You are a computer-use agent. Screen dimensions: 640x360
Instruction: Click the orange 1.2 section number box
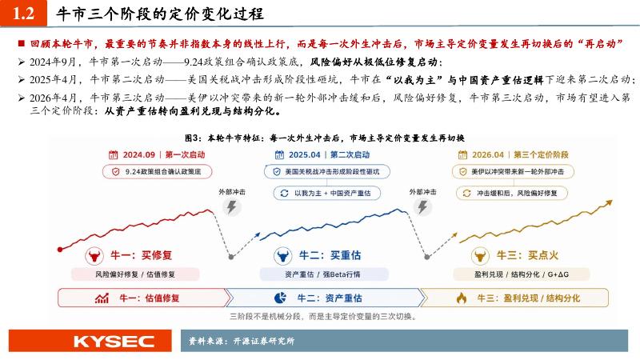pos(23,13)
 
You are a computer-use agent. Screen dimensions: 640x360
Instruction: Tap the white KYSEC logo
pos(114,342)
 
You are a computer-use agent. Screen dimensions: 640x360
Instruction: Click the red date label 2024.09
pos(138,154)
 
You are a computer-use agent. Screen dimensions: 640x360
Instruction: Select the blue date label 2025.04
pos(305,154)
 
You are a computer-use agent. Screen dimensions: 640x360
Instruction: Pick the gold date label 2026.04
pos(488,154)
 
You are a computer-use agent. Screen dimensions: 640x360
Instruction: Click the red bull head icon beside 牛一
pos(94,256)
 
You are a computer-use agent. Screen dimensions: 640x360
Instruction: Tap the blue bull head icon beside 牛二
pos(283,256)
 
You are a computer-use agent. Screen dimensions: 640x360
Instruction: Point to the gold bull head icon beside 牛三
pos(480,256)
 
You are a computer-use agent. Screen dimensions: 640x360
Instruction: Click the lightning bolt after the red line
pos(231,207)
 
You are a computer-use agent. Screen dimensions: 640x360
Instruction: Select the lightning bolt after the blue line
pos(422,207)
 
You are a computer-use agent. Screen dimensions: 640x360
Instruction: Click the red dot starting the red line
pos(60,250)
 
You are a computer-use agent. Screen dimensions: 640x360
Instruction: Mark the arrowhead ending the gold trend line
pos(609,202)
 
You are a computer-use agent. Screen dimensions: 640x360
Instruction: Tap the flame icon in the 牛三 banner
pos(462,298)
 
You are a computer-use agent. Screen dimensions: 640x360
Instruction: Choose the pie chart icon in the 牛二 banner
pos(280,298)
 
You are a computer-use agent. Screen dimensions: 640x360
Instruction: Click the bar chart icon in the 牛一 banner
pos(102,298)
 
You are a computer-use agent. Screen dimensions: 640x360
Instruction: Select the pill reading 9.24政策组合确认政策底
pos(157,172)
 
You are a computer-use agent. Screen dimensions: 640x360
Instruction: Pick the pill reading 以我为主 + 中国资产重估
pos(327,193)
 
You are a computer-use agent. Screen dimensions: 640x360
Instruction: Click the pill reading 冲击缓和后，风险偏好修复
pos(512,193)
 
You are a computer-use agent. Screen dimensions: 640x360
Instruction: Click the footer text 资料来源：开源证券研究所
pos(242,341)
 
